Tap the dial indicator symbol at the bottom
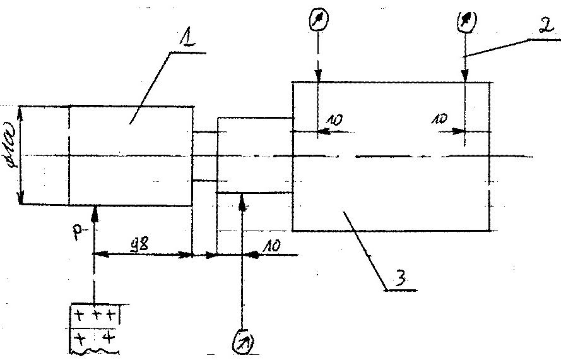(x=240, y=342)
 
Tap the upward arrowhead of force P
(x=95, y=210)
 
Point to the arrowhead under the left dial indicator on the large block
(x=319, y=77)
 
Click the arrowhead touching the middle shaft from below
(x=242, y=198)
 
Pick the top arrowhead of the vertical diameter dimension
(x=21, y=110)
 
